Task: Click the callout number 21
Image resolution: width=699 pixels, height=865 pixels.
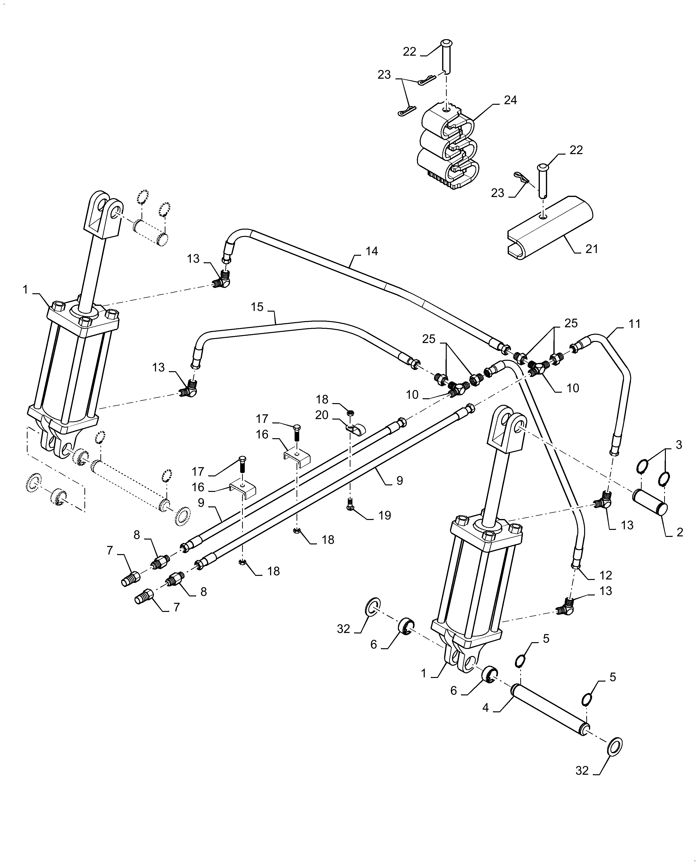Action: pos(592,249)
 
